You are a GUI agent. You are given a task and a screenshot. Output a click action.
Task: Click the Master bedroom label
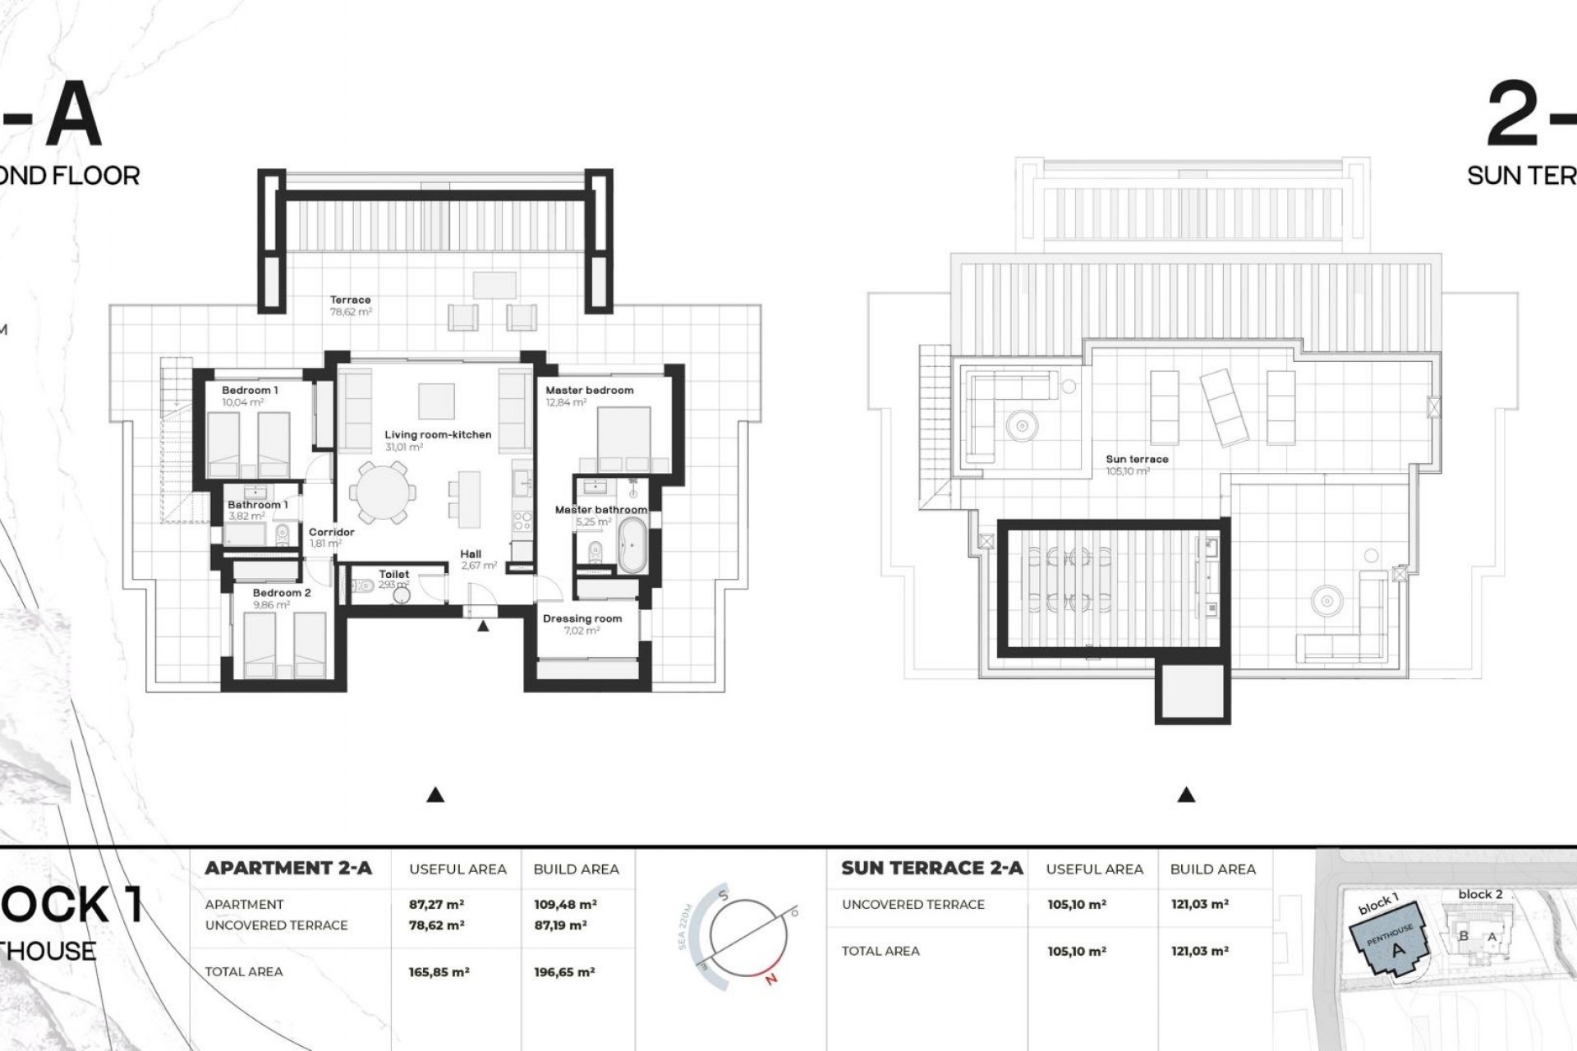590,391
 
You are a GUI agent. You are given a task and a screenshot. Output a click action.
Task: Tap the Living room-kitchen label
438,435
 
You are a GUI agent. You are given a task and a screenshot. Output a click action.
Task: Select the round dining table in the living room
380,494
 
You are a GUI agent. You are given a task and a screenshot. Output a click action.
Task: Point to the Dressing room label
582,619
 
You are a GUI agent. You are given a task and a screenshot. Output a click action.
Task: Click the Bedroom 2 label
282,593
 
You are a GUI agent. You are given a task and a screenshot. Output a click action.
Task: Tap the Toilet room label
394,575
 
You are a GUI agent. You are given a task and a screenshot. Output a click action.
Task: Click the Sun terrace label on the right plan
1137,460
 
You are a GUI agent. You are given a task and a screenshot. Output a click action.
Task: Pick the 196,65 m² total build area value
564,972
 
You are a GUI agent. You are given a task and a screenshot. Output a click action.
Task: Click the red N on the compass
770,978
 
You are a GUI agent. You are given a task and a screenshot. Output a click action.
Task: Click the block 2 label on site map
1480,894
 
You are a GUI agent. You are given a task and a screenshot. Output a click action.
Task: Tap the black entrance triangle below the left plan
436,795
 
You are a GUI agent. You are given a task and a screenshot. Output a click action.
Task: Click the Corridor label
332,532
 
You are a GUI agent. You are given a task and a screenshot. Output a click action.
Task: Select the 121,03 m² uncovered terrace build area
1199,905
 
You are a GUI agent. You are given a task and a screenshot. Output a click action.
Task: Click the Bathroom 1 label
257,505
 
